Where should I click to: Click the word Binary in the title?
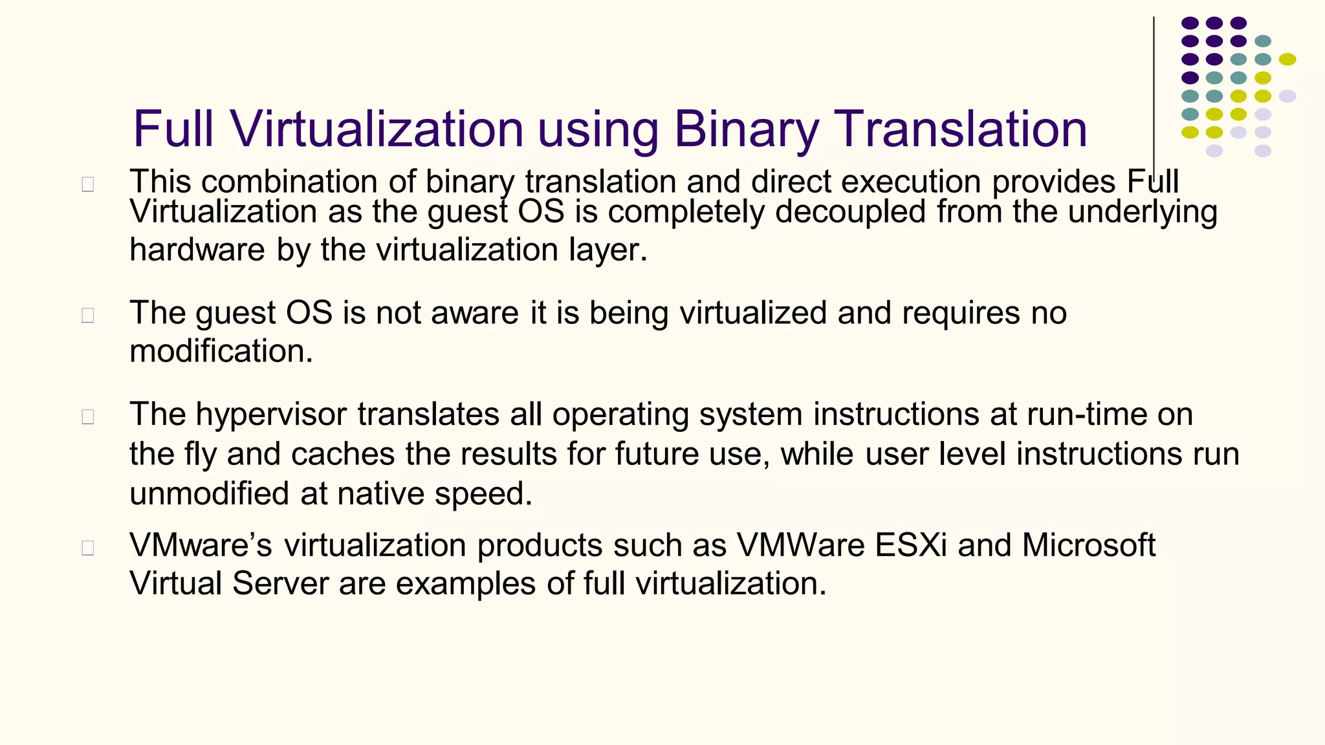pos(746,129)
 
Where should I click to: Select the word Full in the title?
pos(173,129)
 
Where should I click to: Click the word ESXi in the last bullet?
pos(911,545)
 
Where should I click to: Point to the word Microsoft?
pos(1089,545)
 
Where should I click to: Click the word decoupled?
pos(851,211)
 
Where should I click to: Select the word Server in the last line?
pos(280,583)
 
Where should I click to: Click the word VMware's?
pos(201,545)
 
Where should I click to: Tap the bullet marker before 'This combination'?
pos(88,184)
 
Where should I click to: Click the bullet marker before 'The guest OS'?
pos(88,316)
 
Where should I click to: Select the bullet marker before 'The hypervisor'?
pos(88,417)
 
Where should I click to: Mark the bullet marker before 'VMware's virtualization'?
pos(88,548)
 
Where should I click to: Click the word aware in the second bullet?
pos(475,313)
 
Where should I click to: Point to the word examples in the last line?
pos(466,583)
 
